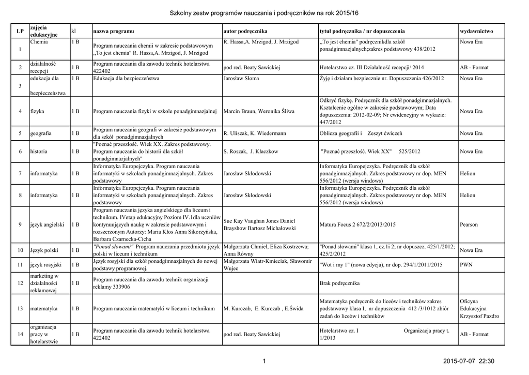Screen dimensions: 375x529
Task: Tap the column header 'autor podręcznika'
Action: click(245, 32)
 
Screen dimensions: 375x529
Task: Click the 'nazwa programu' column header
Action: click(113, 32)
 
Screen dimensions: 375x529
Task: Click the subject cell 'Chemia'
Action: click(39, 41)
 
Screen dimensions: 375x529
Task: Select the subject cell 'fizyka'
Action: click(37, 111)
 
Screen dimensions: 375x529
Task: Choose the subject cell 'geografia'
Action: click(41, 133)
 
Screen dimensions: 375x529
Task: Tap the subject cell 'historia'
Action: click(39, 152)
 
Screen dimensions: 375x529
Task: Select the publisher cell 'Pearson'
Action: click(469, 225)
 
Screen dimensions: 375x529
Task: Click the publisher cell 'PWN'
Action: click(466, 265)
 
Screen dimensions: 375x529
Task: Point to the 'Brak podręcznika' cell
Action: click(339, 284)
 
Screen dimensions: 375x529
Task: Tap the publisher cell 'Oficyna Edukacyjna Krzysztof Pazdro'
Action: click(479, 308)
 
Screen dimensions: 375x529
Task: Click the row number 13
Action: click(20, 309)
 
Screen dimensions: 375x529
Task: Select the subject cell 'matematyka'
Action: click(44, 309)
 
